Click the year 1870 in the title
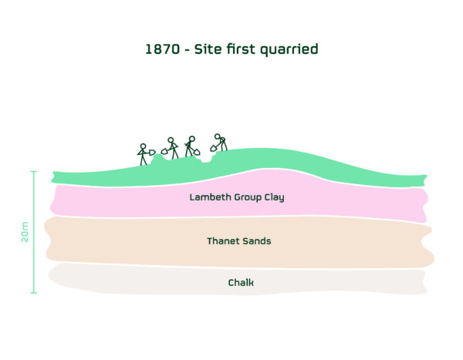tap(162, 49)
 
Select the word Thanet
tap(221, 241)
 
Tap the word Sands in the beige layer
tap(255, 241)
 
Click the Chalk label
tap(241, 282)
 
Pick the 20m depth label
tap(25, 232)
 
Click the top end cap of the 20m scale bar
tap(34, 171)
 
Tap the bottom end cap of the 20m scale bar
tap(34, 293)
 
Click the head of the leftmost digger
tap(143, 146)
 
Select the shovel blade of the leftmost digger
tap(152, 153)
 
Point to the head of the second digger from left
tap(171, 140)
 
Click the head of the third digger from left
tap(191, 139)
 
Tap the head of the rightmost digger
tap(218, 136)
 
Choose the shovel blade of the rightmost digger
tap(213, 148)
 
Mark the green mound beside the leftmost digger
tap(159, 160)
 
